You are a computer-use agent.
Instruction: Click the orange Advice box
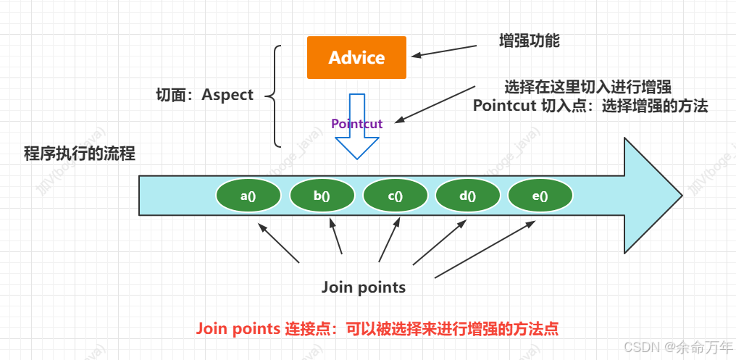(x=356, y=57)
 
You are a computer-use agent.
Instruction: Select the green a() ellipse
(x=248, y=196)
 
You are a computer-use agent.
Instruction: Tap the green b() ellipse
(x=322, y=196)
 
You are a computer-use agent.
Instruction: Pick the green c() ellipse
(x=395, y=196)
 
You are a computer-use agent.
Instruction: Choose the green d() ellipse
(x=467, y=196)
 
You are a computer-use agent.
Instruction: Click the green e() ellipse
(x=540, y=196)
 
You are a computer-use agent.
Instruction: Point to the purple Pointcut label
(x=356, y=124)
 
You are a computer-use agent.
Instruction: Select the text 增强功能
(x=530, y=41)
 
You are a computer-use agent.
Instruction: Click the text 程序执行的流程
(x=80, y=154)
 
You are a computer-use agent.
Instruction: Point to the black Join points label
(x=364, y=288)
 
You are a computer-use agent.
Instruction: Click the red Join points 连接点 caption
(x=377, y=328)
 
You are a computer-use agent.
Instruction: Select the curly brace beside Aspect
(x=275, y=95)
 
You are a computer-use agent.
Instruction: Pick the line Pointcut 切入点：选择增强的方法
(x=590, y=106)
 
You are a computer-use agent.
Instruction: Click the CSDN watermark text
(x=677, y=347)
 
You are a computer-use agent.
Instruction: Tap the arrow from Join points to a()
(x=279, y=243)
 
